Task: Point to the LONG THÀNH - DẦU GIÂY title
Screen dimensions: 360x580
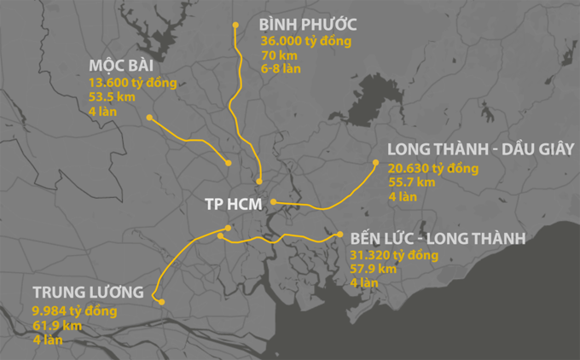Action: pyautogui.click(x=480, y=149)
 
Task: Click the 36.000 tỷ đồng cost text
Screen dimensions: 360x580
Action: pyautogui.click(x=305, y=41)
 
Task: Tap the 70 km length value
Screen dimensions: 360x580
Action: pyautogui.click(x=281, y=55)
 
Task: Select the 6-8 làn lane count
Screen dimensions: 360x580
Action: pyautogui.click(x=281, y=68)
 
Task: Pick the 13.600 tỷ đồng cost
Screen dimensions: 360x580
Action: pyautogui.click(x=132, y=83)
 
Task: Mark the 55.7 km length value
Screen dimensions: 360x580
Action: pyautogui.click(x=411, y=182)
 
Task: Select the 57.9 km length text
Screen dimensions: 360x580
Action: pyautogui.click(x=374, y=269)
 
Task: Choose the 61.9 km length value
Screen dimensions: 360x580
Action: pyautogui.click(x=57, y=325)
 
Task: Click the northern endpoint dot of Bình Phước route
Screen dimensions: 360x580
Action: pyautogui.click(x=235, y=25)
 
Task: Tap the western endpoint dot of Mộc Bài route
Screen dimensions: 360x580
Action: pyautogui.click(x=149, y=117)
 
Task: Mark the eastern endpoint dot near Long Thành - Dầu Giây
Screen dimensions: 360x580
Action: pyautogui.click(x=374, y=163)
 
